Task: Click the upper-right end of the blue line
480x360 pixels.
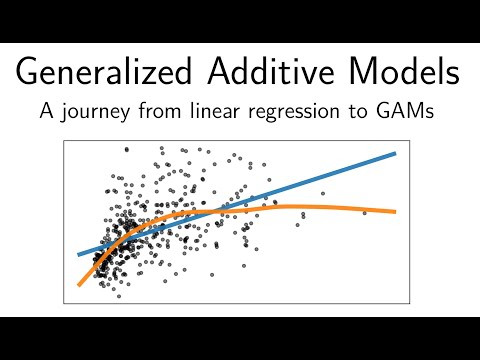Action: pyautogui.click(x=395, y=154)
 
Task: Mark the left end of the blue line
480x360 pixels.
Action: pyautogui.click(x=79, y=254)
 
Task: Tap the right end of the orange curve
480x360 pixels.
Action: pyautogui.click(x=395, y=211)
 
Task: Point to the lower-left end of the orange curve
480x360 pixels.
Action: pyautogui.click(x=78, y=286)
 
